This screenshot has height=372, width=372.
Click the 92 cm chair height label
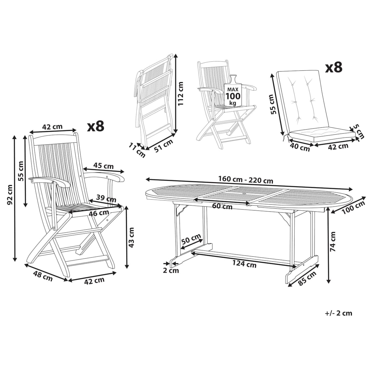[10, 195]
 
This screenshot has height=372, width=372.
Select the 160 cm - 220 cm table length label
[246, 180]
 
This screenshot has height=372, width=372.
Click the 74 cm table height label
[333, 241]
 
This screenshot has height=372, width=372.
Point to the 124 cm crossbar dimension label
[244, 264]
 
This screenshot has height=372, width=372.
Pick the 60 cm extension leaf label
[222, 206]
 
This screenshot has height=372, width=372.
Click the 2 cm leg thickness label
[171, 270]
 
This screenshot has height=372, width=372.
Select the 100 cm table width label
[354, 207]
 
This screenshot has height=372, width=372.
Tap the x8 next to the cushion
[334, 67]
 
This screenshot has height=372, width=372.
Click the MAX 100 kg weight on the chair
[233, 96]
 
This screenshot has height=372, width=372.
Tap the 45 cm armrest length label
[104, 166]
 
